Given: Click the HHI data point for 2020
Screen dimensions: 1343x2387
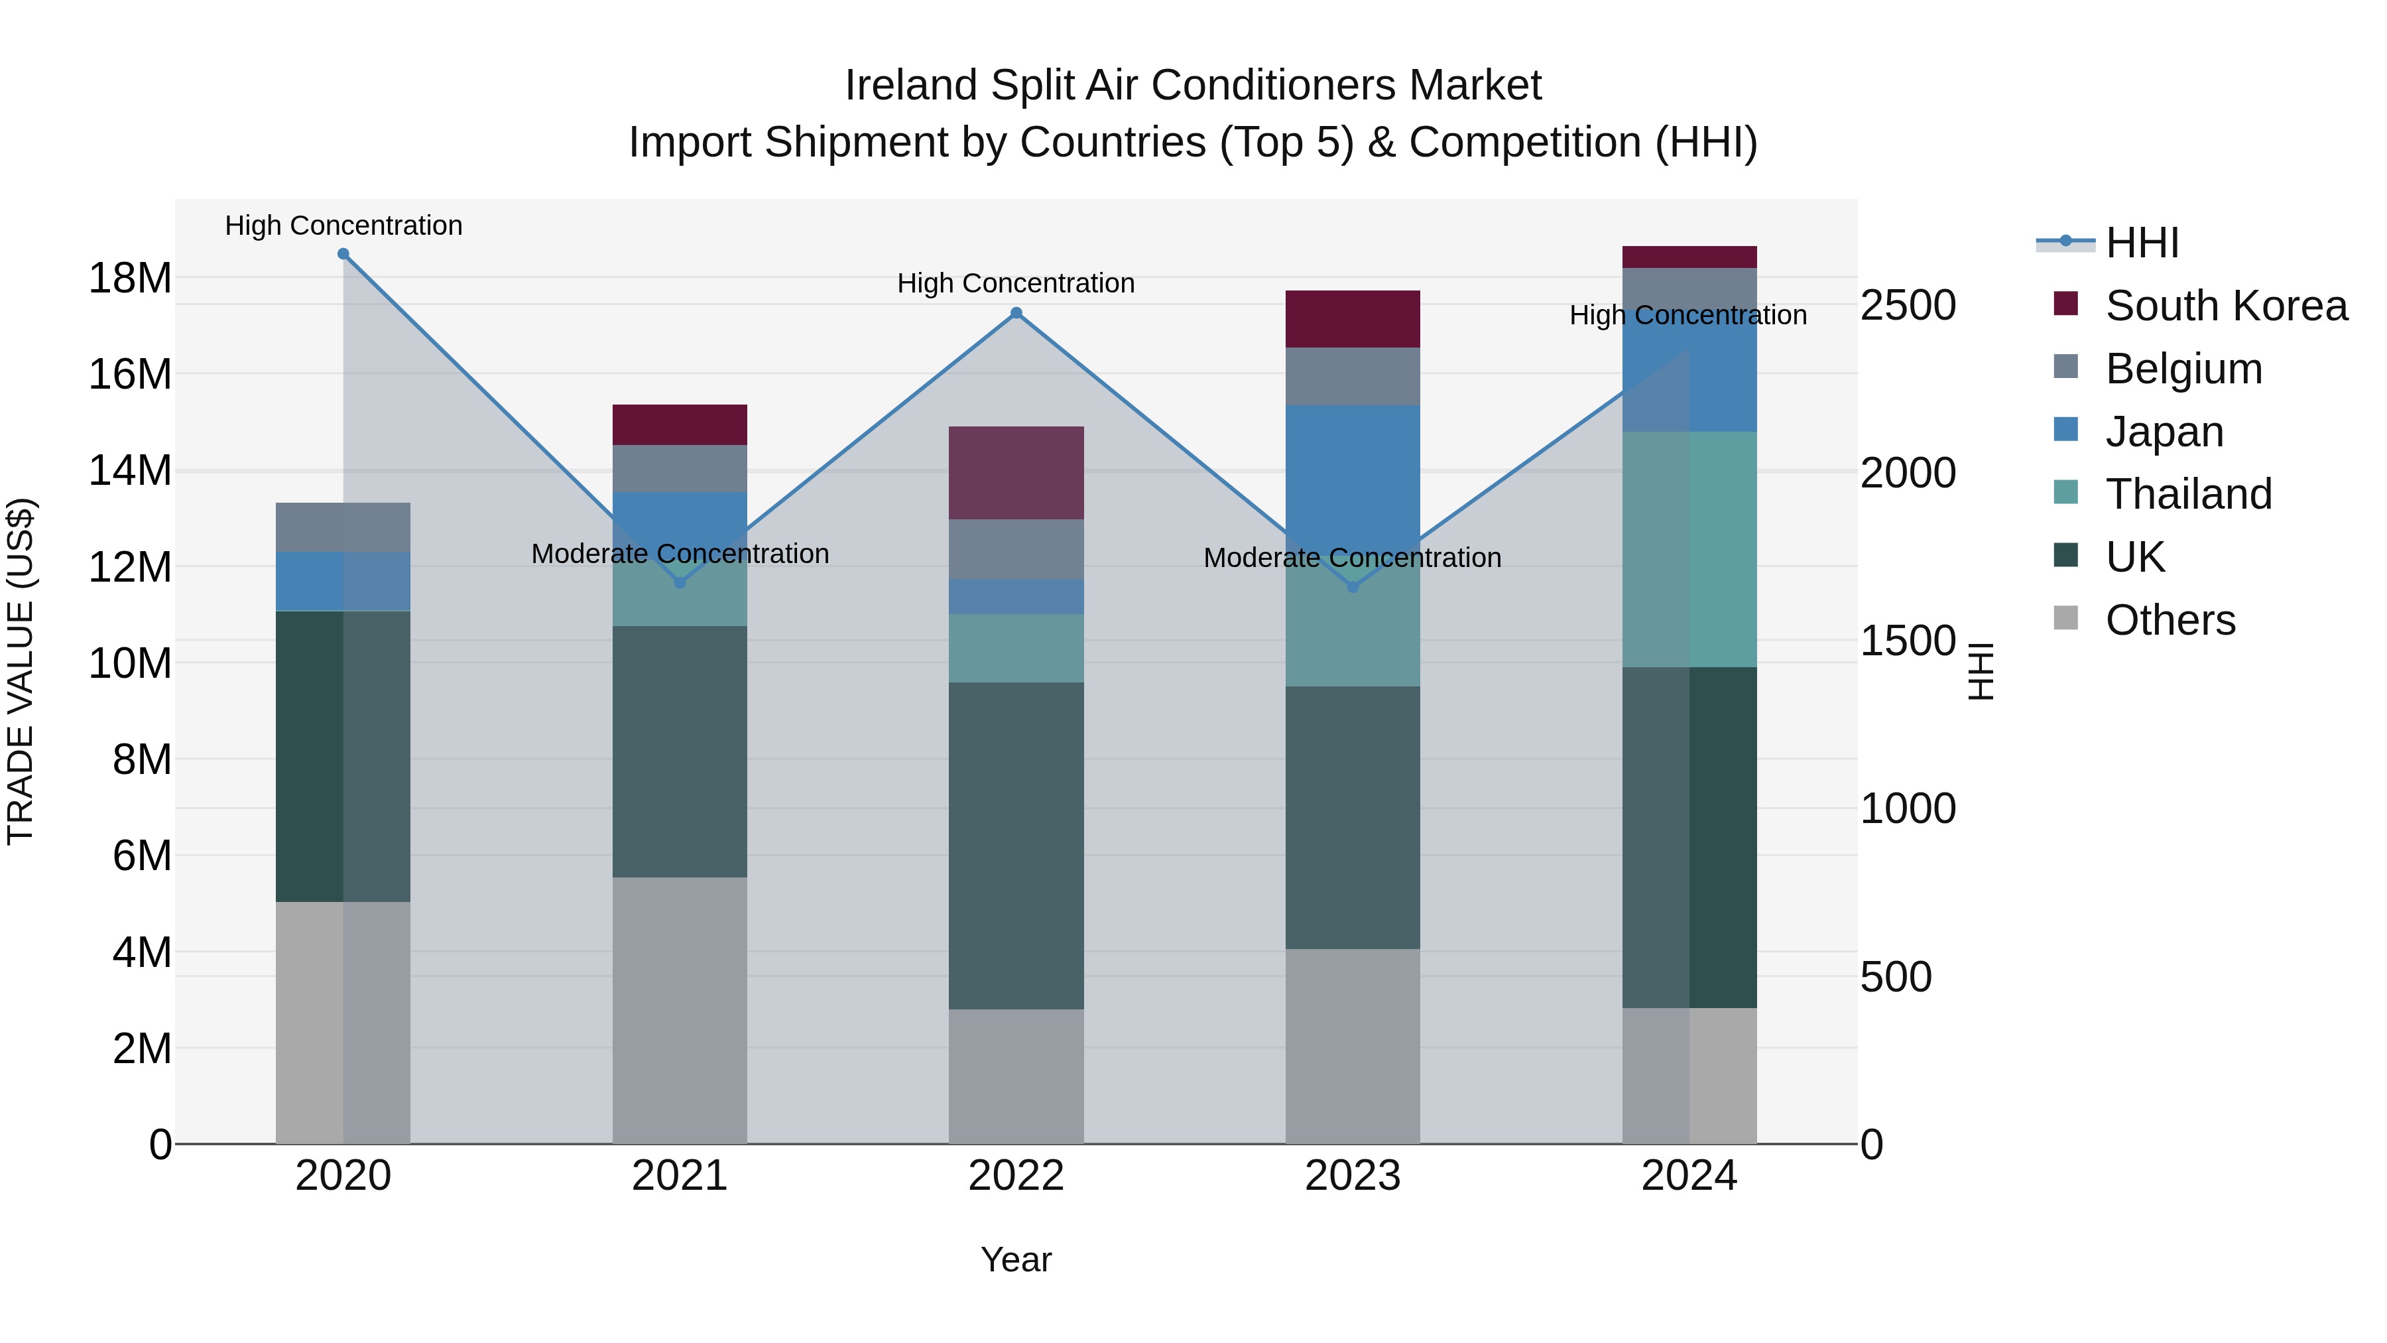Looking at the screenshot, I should pos(343,254).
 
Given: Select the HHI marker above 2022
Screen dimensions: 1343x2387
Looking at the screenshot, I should pos(1016,313).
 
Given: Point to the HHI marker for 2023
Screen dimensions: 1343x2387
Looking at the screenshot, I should pos(1352,587).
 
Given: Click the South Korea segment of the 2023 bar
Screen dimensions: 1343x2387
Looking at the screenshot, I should pos(1352,319).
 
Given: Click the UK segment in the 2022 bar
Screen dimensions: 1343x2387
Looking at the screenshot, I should pos(1016,846).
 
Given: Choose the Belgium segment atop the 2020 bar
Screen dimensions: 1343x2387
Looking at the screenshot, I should pos(343,527).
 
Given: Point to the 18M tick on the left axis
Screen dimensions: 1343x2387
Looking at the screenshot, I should pos(130,278).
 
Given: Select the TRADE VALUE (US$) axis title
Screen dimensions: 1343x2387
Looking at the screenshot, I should pos(21,671).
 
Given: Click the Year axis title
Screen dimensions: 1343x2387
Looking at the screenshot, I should pos(1016,1259).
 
